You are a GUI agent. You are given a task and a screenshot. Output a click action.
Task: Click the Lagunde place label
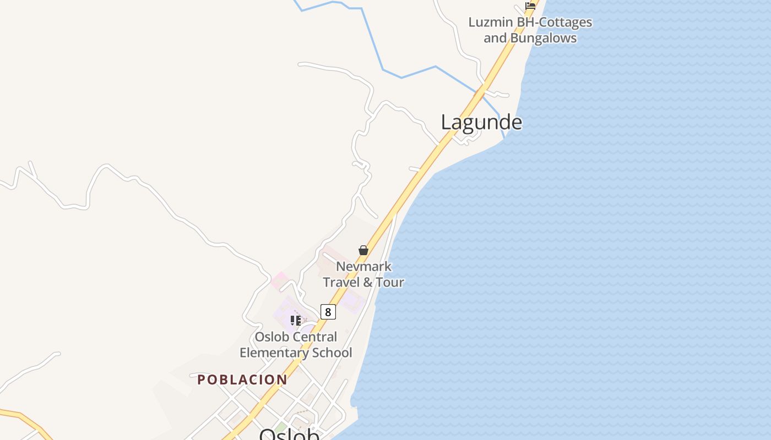[x=481, y=122]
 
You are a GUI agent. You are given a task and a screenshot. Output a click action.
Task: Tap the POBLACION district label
[x=242, y=380]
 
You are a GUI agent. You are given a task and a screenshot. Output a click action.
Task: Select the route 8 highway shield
[x=328, y=312]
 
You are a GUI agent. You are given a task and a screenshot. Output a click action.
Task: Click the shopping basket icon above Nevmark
[x=363, y=250]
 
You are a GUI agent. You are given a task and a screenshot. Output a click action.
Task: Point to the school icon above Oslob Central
[x=296, y=320]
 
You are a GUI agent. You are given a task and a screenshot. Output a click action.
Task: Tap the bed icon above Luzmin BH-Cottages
[x=530, y=5]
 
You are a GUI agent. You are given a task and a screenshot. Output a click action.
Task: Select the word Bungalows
[x=543, y=38]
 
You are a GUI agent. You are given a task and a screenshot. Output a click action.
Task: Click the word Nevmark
[x=364, y=267]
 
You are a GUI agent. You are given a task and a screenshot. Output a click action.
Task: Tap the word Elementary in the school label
[x=273, y=353]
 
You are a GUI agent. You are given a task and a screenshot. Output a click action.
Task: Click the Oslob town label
[x=289, y=435]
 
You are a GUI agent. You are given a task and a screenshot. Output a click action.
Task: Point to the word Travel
[x=340, y=282]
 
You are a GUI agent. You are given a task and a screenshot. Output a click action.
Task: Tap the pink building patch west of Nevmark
[x=279, y=280]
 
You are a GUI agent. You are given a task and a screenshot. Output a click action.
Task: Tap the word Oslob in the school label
[x=273, y=337]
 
